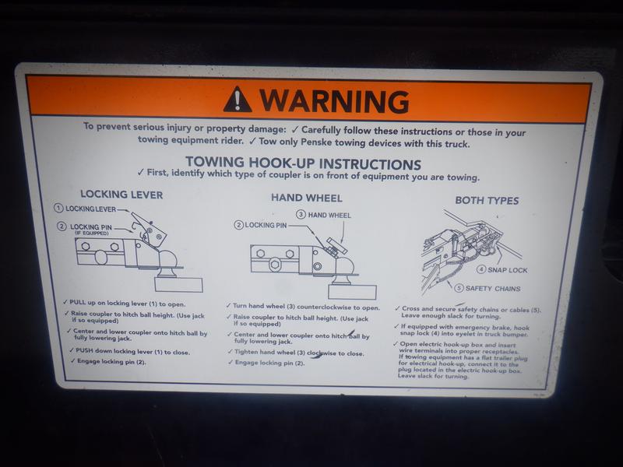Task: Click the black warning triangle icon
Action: [237, 100]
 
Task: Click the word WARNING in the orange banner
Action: [335, 101]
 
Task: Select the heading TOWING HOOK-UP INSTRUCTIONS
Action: [303, 163]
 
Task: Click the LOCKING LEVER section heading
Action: [121, 195]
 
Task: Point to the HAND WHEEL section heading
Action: [306, 198]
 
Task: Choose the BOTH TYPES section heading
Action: [487, 201]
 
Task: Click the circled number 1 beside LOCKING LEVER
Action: [58, 208]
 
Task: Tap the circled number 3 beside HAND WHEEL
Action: [301, 215]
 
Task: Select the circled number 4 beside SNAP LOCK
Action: [481, 269]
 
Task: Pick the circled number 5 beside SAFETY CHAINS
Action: [459, 287]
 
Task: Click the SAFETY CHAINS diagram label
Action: [493, 289]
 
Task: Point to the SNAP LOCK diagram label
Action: [508, 270]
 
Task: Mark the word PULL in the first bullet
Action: [77, 302]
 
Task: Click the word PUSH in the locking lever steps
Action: [84, 350]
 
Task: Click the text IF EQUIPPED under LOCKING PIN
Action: [92, 233]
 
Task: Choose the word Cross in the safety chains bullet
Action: [410, 308]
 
